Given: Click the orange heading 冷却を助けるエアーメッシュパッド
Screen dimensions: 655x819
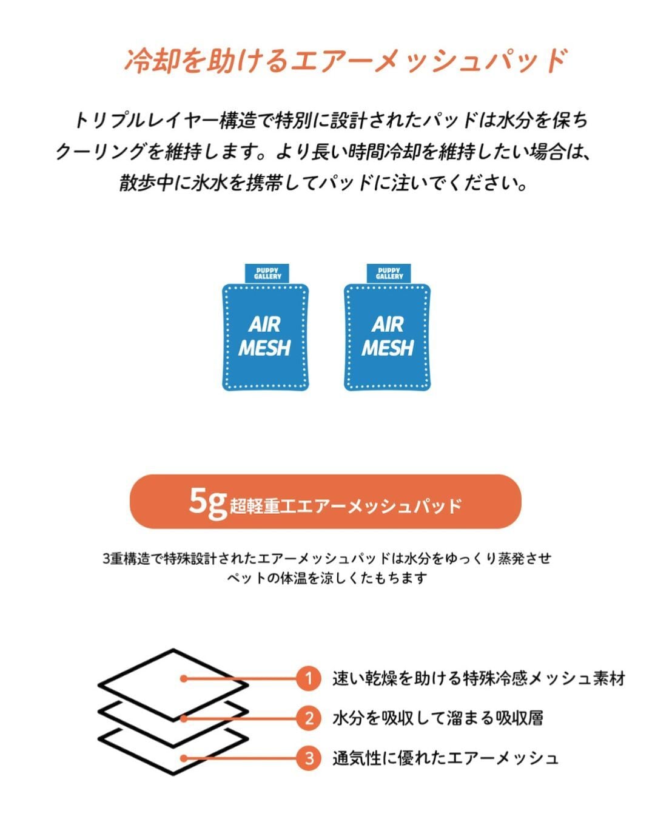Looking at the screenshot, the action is [346, 61].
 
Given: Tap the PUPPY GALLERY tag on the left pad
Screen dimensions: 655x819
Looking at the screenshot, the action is [267, 273].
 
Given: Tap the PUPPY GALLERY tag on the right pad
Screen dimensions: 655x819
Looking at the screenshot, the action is [389, 273].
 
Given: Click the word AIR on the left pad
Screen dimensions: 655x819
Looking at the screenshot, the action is [265, 325].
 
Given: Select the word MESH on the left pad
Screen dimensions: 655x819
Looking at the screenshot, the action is [264, 348].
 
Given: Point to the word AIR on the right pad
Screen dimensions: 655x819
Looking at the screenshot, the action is [388, 325].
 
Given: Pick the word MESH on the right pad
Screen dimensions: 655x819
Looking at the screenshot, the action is [388, 348].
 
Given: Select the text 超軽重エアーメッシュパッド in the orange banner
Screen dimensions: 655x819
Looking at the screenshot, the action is [346, 507].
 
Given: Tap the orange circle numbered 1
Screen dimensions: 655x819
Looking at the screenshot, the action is [309, 678].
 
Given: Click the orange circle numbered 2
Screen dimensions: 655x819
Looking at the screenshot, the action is [309, 718].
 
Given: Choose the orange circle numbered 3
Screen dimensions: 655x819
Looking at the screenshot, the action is [309, 758].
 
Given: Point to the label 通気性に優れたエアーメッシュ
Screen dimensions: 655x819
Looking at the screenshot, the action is [445, 758].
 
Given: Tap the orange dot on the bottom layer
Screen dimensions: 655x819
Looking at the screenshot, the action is [183, 758].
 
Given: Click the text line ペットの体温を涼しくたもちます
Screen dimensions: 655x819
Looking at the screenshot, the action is [327, 578].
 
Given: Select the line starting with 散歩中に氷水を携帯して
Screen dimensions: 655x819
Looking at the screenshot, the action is [323, 183].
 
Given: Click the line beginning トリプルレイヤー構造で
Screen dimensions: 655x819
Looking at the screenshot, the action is [331, 121].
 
